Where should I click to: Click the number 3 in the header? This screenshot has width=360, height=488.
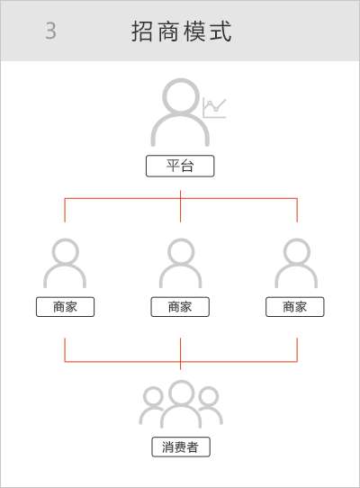[51, 31]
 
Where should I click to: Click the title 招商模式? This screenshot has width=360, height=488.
[182, 32]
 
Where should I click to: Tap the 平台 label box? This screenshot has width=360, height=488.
[180, 166]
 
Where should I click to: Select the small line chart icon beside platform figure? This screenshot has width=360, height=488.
[214, 108]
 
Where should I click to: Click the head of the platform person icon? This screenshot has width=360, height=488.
[181, 95]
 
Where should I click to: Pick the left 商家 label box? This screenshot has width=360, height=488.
[65, 307]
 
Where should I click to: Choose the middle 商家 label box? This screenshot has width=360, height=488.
[180, 307]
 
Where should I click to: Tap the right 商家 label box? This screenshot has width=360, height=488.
[295, 307]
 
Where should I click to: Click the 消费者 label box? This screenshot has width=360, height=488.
[181, 447]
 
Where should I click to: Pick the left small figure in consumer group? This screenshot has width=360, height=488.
[153, 398]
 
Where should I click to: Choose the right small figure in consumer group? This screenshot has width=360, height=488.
[209, 398]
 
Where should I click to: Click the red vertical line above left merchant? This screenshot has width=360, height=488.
[65, 210]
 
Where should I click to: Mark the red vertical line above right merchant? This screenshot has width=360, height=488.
[297, 210]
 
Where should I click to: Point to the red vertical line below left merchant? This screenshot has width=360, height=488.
[65, 350]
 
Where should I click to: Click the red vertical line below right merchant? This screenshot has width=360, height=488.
[297, 350]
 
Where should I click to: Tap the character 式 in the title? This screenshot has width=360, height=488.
[220, 32]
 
